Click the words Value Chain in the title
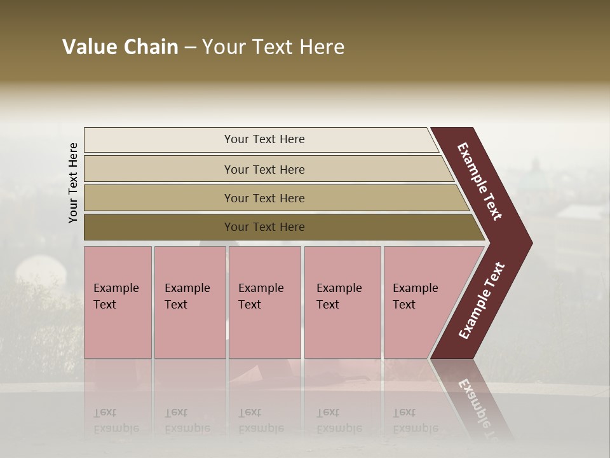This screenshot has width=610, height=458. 120,47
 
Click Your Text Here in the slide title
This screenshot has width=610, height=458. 273,47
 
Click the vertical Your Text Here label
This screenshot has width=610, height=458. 73,183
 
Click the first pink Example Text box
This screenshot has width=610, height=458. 118,303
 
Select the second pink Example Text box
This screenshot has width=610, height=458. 189,303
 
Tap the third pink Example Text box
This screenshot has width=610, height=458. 264,303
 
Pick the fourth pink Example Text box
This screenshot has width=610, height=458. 342,303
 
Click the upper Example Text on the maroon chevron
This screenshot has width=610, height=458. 480,181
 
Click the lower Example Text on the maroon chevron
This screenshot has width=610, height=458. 482,301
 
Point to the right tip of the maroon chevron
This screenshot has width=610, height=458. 531,243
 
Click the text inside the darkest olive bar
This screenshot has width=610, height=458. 264,227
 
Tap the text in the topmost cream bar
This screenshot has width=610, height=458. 264,139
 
